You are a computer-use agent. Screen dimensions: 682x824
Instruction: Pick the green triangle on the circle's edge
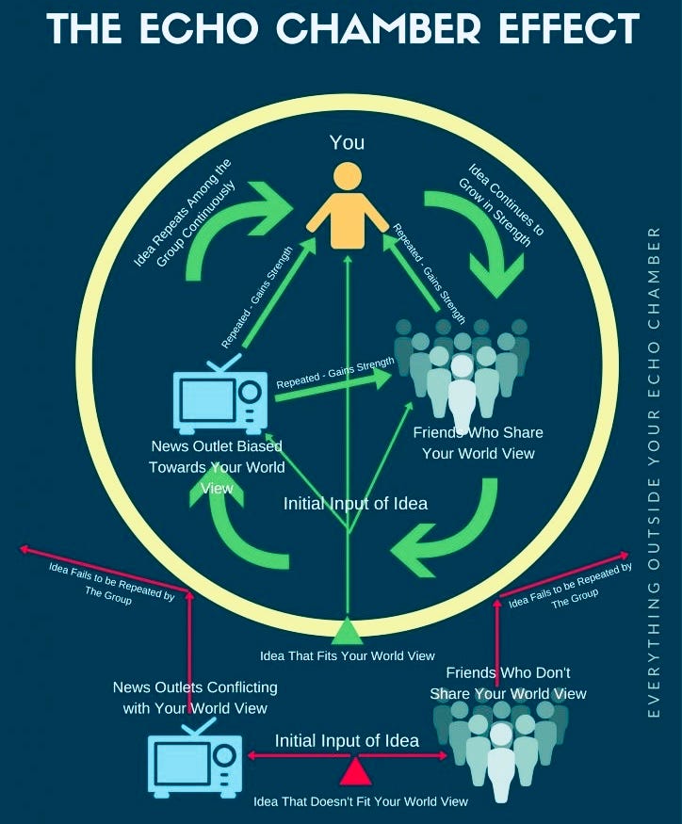click(348, 629)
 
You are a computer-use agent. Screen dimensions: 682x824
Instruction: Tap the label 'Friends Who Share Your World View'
click(478, 443)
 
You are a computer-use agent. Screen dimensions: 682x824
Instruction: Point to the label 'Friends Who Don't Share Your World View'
click(508, 684)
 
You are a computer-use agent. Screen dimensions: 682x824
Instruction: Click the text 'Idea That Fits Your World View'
click(348, 654)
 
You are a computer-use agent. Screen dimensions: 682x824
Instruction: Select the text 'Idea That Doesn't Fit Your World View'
click(361, 801)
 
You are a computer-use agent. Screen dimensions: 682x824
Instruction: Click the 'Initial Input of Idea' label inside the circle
click(355, 504)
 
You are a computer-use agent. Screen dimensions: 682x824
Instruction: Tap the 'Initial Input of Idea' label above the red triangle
click(347, 740)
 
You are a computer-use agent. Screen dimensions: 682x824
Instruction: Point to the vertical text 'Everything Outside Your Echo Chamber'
click(655, 471)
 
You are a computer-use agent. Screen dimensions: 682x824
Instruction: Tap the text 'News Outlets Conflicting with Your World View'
click(195, 698)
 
